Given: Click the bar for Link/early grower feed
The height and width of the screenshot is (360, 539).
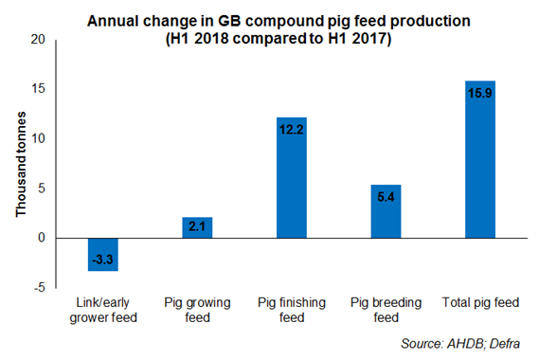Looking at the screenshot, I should (102, 254).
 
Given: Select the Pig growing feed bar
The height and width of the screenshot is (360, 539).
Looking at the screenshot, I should (197, 227).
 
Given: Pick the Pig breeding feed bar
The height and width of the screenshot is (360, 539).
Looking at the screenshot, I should (386, 211).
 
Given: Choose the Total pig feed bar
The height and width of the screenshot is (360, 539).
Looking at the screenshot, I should (480, 159).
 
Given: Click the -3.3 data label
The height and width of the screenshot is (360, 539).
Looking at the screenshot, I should (102, 258).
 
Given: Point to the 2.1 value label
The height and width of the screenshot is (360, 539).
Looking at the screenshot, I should (197, 226).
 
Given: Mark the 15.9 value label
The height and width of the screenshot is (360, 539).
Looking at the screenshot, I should (480, 91).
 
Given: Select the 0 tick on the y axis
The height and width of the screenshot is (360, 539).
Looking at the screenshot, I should (41, 238).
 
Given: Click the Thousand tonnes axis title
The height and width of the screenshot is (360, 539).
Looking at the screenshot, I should (19, 164).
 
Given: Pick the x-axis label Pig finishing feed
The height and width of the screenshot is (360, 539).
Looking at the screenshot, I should (291, 310).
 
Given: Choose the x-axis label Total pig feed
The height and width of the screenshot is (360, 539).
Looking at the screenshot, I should (479, 303).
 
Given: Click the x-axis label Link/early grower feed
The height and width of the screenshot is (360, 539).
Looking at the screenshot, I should (102, 310).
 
